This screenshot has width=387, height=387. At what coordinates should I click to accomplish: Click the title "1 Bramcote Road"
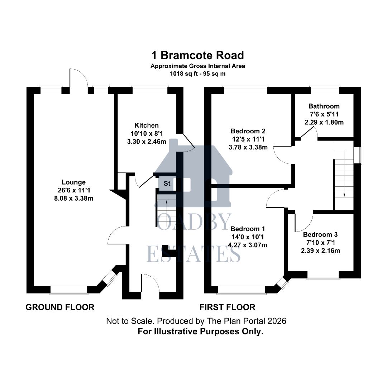(x=197, y=55)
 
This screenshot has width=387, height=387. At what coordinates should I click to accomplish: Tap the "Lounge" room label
(x=73, y=182)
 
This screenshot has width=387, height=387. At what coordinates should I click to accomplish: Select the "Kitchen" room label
(x=146, y=125)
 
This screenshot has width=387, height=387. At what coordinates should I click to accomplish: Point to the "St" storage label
(x=167, y=184)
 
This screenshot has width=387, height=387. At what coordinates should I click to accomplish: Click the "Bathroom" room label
(x=324, y=106)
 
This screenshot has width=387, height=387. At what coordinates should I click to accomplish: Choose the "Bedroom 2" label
(x=248, y=131)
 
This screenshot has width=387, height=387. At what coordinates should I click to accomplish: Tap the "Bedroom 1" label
(x=248, y=229)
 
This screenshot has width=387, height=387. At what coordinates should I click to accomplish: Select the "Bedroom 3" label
(x=320, y=235)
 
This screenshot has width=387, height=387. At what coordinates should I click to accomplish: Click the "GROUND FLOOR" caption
(x=60, y=307)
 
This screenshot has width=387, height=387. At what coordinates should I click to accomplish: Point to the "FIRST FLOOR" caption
(x=228, y=307)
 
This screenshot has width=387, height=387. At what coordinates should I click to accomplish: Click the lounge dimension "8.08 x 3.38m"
(x=73, y=198)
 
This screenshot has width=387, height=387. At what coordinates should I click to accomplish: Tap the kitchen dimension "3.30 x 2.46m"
(x=146, y=141)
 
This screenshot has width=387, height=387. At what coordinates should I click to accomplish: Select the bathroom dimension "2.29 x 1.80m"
(x=324, y=122)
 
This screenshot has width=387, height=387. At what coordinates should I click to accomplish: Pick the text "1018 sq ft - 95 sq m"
(x=197, y=73)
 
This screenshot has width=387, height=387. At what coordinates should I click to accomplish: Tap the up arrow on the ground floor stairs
(x=167, y=202)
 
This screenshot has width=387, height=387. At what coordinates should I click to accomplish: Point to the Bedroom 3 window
(x=323, y=275)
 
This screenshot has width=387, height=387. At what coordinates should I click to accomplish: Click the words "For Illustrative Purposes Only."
(x=201, y=331)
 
